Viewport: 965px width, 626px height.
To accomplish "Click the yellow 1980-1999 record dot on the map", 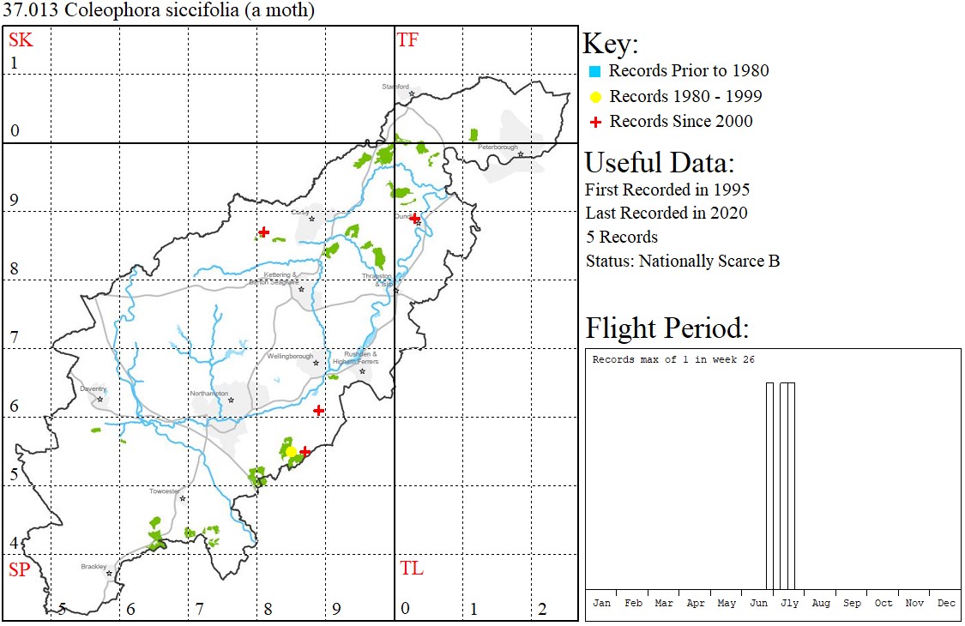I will pos(291,451).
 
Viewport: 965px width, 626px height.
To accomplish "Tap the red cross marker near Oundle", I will pos(414,219).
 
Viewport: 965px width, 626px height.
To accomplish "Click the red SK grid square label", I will pos(20,39).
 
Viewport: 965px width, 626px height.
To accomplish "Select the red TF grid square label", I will pos(407,39).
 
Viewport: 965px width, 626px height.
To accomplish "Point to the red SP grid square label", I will pos(19,569).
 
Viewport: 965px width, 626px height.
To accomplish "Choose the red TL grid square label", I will pos(411,569).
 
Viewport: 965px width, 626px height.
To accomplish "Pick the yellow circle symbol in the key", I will pos(595,97).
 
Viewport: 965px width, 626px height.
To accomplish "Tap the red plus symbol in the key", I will pos(595,122).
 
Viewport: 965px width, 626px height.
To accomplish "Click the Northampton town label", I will pos(210,393).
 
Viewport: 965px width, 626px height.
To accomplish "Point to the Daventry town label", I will pos(93,388).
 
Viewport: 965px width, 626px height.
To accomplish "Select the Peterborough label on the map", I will pos(498,147).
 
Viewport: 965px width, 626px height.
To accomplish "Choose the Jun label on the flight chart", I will pos(758,603).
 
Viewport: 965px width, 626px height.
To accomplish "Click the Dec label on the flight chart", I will pos(946,603).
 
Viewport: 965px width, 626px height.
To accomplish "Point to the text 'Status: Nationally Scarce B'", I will pos(683,261).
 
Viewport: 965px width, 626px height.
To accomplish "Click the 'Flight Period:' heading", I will pos(666,328).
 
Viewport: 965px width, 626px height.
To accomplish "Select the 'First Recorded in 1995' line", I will pos(667,190).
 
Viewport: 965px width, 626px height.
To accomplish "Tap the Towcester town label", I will pos(164,491).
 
